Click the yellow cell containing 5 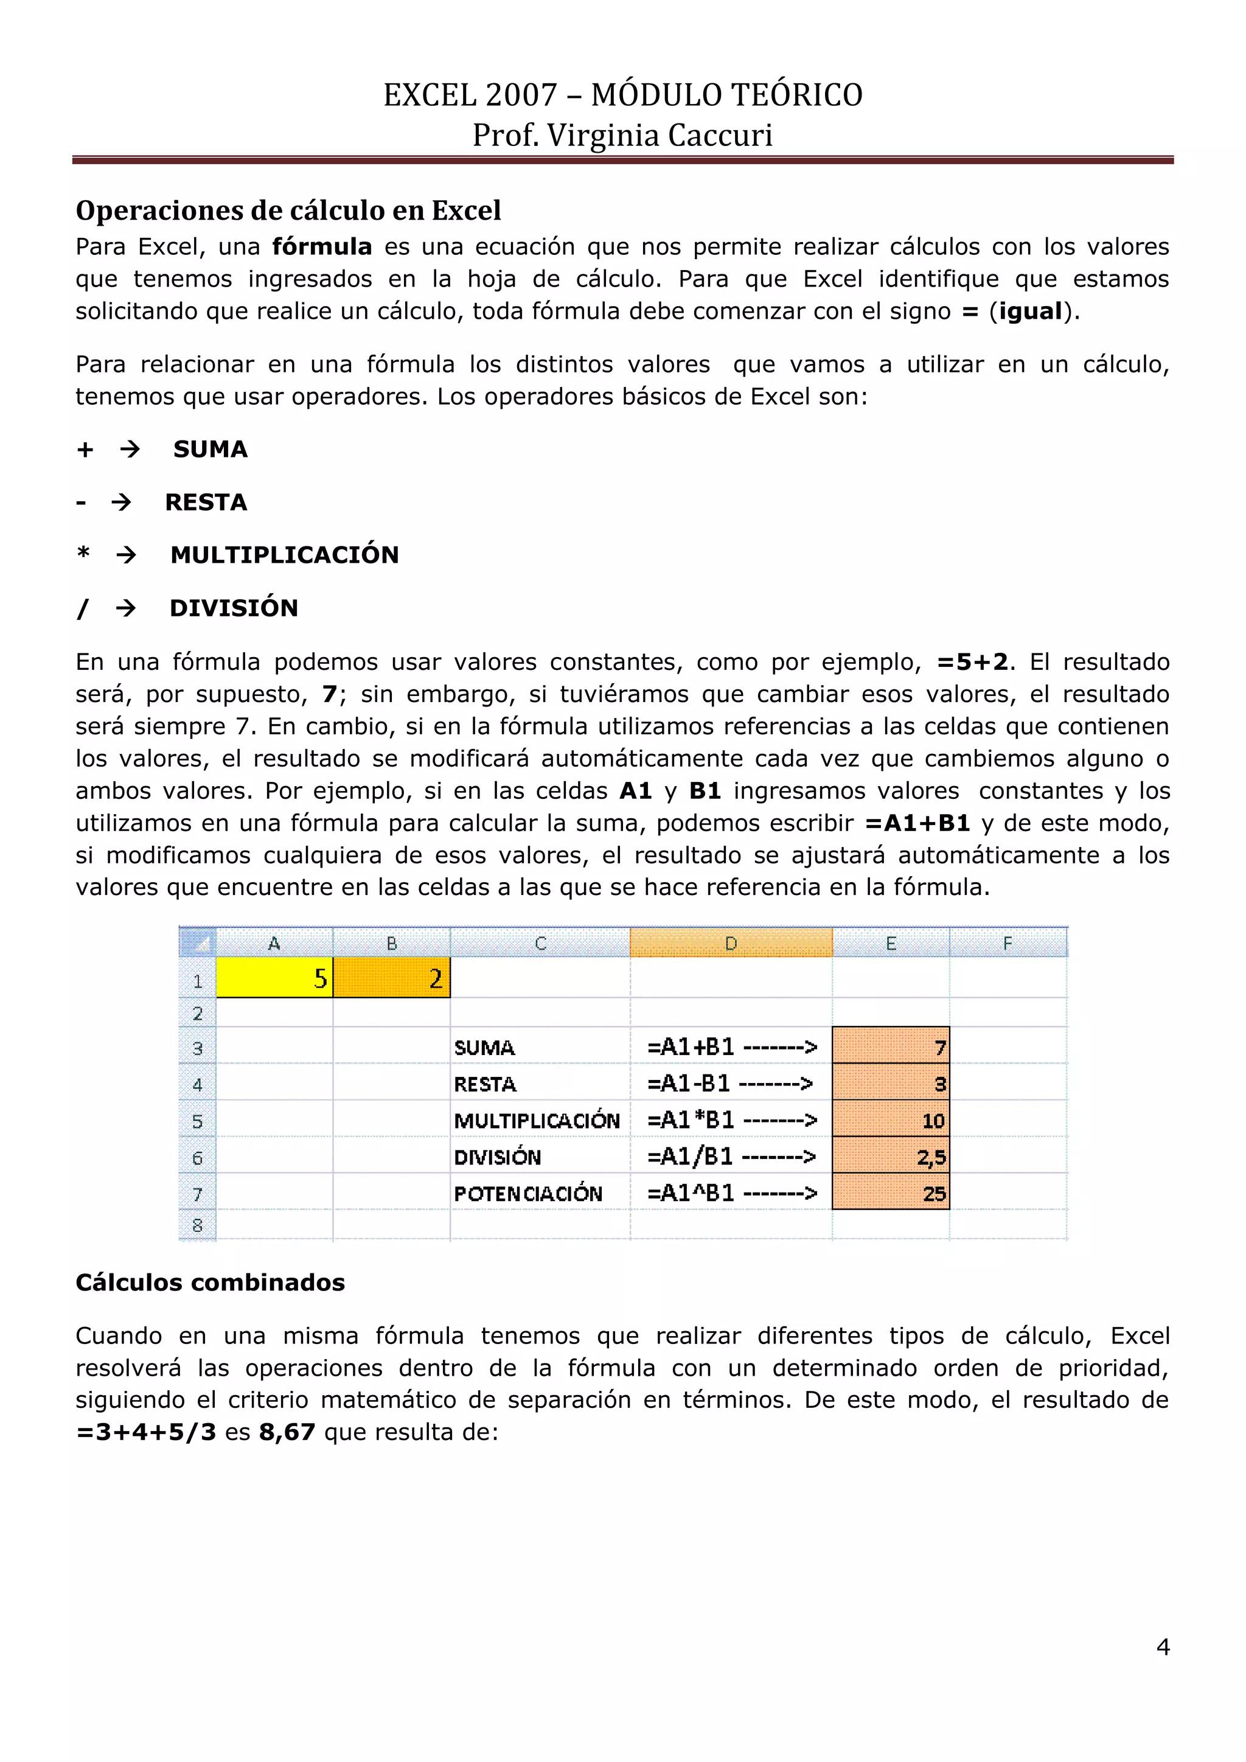tap(274, 977)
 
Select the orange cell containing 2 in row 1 tap(391, 977)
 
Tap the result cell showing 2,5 tap(891, 1157)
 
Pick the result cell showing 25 tap(891, 1193)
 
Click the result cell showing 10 tap(891, 1120)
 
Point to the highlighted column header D tap(731, 943)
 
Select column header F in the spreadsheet tap(1008, 943)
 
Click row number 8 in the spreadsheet tap(197, 1225)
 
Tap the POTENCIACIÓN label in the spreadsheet tap(528, 1193)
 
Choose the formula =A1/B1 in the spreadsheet tap(690, 1156)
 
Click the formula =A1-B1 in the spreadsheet tap(688, 1083)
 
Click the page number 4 tap(1163, 1647)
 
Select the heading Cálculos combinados tap(211, 1283)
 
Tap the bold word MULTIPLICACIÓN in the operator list tap(285, 555)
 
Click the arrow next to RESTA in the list tap(121, 503)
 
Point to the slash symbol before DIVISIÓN tap(82, 608)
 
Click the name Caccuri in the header tap(720, 135)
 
